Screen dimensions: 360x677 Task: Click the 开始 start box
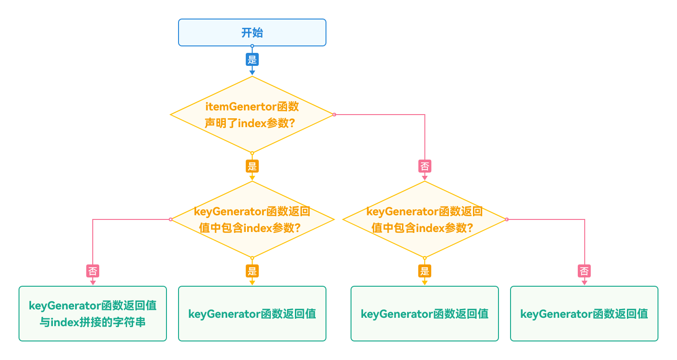(252, 32)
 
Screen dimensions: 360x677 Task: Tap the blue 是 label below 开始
(252, 59)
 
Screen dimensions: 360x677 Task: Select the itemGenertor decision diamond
(252, 115)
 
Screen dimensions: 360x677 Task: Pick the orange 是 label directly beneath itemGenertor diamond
(252, 166)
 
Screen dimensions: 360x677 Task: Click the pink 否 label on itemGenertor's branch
(425, 166)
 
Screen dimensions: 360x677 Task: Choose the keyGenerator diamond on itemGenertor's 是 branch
(252, 219)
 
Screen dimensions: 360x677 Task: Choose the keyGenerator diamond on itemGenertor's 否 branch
(424, 219)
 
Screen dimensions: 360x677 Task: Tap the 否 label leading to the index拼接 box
(93, 271)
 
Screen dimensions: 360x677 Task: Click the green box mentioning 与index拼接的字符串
(93, 314)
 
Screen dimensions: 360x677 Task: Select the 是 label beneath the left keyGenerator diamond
(252, 271)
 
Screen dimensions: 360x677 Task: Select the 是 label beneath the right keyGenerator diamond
(424, 271)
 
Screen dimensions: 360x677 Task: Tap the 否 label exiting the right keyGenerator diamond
(584, 271)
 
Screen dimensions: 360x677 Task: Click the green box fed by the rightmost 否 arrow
(584, 314)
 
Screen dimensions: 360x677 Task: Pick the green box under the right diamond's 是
(424, 314)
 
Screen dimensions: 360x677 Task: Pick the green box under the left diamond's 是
(252, 314)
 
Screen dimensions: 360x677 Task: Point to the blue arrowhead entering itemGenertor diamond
(252, 72)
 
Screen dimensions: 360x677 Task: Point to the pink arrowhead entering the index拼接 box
(93, 282)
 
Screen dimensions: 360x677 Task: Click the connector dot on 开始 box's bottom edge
(252, 46)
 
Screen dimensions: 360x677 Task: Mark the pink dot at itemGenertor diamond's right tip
(334, 114)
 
